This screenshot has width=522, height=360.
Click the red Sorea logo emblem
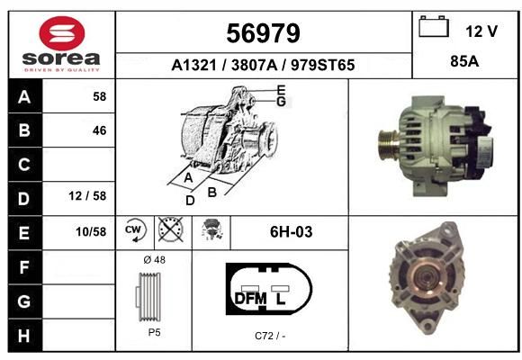tap(62, 33)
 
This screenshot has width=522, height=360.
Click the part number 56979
tap(263, 33)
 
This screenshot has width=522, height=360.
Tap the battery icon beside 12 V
tap(434, 26)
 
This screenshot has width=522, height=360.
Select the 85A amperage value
tap(464, 61)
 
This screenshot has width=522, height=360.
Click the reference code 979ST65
tap(322, 65)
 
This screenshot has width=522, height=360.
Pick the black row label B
tap(24, 130)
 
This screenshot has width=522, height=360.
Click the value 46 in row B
tap(100, 130)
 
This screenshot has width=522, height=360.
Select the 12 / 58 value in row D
tap(87, 196)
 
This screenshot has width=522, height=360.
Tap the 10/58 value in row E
tap(91, 232)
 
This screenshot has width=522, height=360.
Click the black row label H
tap(24, 336)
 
